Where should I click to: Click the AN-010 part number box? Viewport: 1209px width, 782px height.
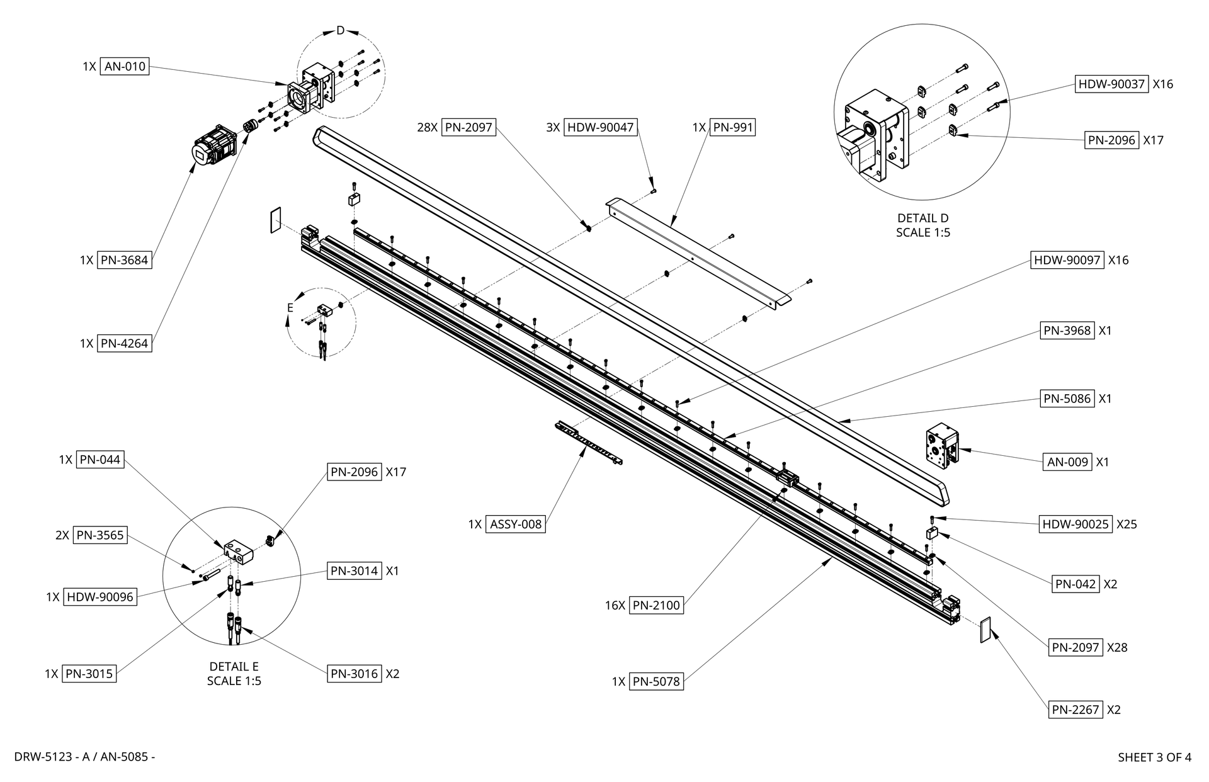[x=125, y=66]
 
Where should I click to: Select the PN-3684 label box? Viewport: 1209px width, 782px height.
[x=125, y=260]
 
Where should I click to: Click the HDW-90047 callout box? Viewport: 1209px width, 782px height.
[x=601, y=128]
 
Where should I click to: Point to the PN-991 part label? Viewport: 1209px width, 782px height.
[x=732, y=128]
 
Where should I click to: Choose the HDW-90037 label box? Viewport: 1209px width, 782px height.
[x=1111, y=84]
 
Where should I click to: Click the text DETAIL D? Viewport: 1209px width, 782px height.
[x=922, y=218]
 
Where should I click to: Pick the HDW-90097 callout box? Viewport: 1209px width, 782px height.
[x=1067, y=260]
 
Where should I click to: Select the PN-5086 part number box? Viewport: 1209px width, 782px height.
[x=1067, y=399]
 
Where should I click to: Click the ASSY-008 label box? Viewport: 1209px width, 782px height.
[x=516, y=524]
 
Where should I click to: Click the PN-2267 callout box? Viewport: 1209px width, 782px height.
[x=1076, y=710]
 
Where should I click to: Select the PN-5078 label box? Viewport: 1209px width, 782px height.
[x=657, y=681]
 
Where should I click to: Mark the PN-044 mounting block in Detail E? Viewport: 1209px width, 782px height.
[x=237, y=551]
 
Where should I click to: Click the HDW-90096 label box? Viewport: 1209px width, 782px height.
[x=100, y=597]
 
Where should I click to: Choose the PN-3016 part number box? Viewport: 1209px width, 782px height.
[x=355, y=674]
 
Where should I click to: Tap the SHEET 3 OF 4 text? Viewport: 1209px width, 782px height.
[x=1154, y=757]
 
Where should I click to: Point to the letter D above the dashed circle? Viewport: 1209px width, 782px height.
[x=340, y=30]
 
